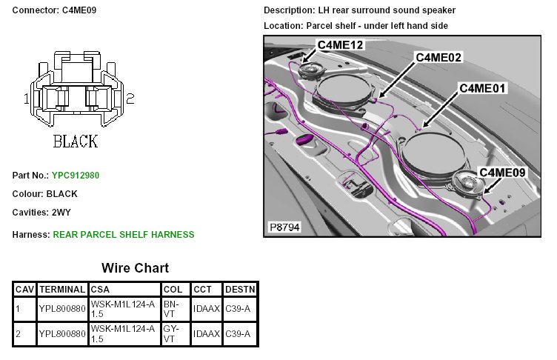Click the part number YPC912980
(76, 176)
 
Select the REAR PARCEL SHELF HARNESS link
(124, 235)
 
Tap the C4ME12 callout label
(340, 44)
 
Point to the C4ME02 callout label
(438, 57)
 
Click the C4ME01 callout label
(482, 88)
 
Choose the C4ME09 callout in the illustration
(502, 173)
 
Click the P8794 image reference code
(284, 227)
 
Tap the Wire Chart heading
(135, 268)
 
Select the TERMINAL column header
(62, 290)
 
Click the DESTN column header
(240, 290)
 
